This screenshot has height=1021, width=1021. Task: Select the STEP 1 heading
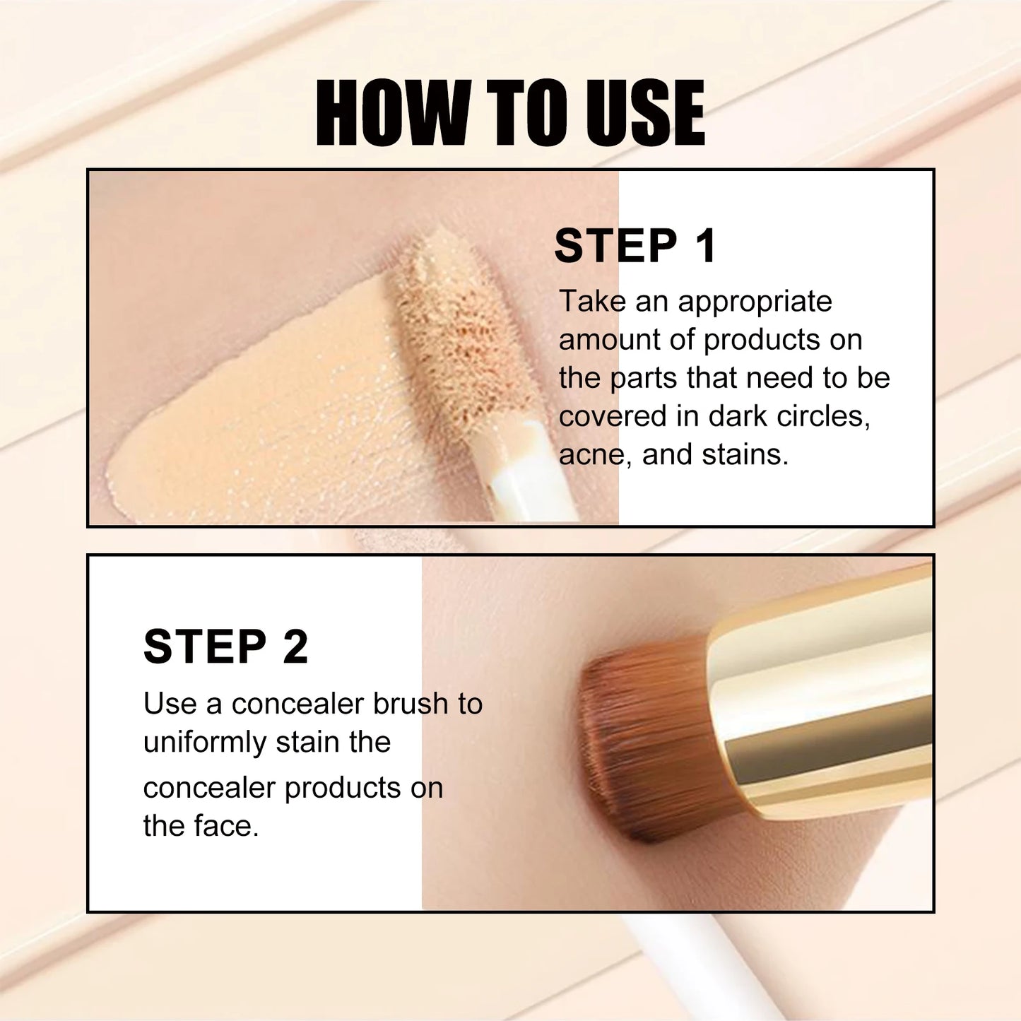pos(635,246)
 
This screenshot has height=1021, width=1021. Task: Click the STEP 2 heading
pos(225,647)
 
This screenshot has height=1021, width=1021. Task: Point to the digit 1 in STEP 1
pos(705,246)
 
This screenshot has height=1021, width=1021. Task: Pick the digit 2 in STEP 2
pos(295,647)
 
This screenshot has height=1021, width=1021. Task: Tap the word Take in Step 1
pos(592,302)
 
